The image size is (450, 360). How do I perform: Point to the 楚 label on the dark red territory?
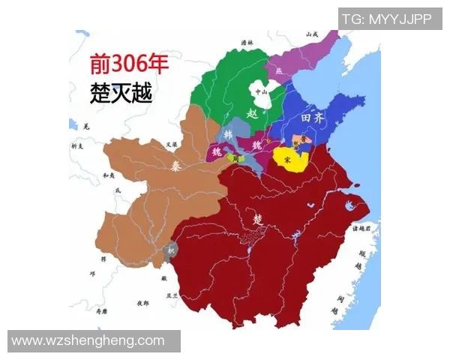click(259, 219)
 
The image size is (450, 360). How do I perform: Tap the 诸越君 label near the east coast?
click(363, 229)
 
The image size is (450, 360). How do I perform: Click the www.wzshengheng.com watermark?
click(88, 341)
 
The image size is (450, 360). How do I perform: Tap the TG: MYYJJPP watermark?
click(387, 19)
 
